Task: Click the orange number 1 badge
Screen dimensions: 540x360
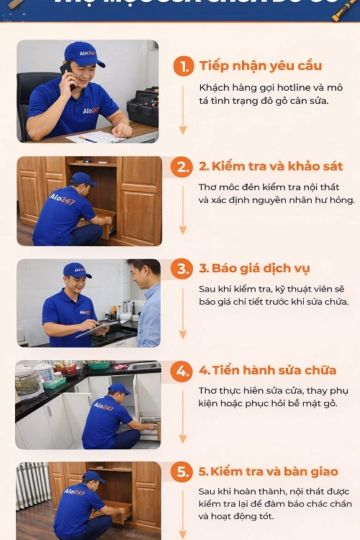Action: pos(184,66)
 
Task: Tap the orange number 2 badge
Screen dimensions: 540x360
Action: pos(182,167)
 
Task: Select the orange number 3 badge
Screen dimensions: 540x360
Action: pos(182,269)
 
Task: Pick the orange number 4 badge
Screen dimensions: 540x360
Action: pos(182,371)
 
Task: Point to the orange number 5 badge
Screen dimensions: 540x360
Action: pos(182,472)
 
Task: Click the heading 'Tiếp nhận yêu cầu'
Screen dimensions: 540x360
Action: pos(260,66)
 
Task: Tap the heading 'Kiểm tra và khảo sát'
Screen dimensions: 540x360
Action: pos(271,167)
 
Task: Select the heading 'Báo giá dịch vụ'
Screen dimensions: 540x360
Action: pos(254,269)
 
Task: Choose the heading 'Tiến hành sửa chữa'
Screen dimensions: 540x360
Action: pos(268,371)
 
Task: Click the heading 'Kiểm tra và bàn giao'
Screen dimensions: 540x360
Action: pos(268,472)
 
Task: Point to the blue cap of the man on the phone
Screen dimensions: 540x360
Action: pos(84,53)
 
